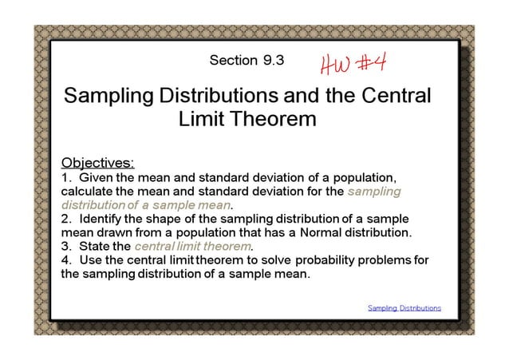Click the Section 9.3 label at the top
pos(246,60)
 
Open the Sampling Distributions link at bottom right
pos(404,307)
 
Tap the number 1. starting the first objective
pos(66,177)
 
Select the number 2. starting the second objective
pos(66,219)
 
